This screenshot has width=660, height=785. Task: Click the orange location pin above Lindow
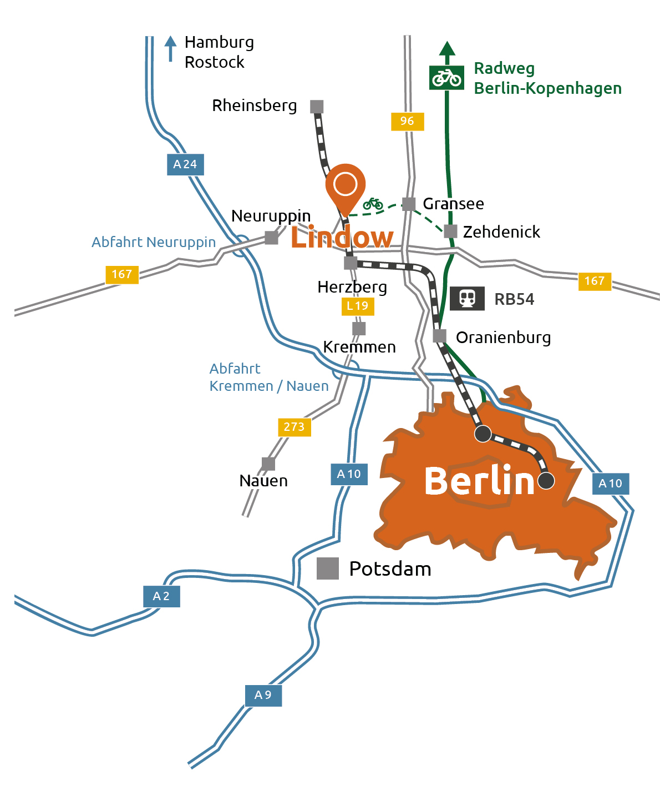tap(345, 186)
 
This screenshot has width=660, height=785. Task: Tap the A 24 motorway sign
tap(185, 164)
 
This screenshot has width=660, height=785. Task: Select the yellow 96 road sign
tap(407, 121)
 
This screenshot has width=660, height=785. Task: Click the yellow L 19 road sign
tap(358, 306)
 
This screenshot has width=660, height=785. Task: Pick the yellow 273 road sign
tap(294, 427)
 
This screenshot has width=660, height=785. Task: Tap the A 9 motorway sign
tap(263, 695)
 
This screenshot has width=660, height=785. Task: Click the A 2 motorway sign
tap(161, 596)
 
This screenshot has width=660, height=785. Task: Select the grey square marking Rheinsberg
tap(317, 107)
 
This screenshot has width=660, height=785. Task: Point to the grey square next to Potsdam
tap(328, 568)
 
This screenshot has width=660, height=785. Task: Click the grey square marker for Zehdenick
tap(450, 232)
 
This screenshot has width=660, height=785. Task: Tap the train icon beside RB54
tap(467, 299)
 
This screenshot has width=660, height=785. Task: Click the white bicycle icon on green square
tap(446, 78)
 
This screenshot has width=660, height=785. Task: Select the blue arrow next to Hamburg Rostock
tap(171, 48)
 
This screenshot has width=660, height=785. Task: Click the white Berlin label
tap(479, 481)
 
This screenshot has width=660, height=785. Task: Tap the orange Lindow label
tap(342, 238)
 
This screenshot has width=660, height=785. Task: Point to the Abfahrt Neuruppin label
tap(154, 243)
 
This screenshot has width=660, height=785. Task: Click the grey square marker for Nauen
tap(268, 464)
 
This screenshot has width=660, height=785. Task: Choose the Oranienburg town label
tap(503, 338)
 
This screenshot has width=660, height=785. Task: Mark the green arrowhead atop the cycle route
tap(447, 49)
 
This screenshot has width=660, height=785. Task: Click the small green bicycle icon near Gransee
tap(373, 204)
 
